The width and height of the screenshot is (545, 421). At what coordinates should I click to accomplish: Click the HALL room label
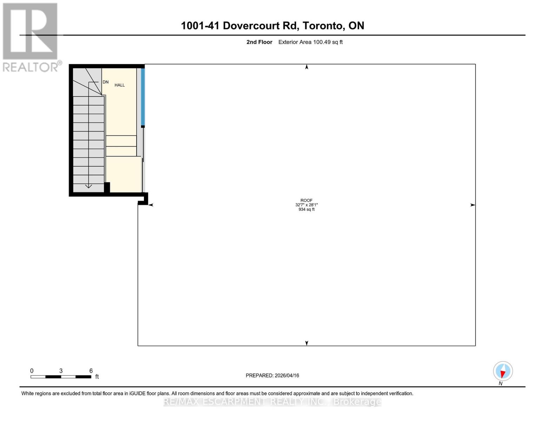(120, 85)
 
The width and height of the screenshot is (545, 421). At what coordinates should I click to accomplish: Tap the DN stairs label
(106, 82)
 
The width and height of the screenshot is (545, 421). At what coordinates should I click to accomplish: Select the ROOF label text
(306, 200)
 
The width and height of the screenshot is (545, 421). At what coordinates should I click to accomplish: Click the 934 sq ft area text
(306, 209)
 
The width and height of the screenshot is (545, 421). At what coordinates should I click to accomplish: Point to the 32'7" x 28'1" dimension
(306, 205)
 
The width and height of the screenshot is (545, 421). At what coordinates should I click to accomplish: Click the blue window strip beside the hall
(143, 97)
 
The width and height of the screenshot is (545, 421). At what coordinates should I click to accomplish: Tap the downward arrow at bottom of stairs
(88, 186)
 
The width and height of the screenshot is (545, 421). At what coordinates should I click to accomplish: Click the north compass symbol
(503, 371)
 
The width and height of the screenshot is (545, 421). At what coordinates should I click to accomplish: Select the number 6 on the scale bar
(91, 371)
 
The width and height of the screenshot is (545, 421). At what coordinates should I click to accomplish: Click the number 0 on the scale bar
(32, 371)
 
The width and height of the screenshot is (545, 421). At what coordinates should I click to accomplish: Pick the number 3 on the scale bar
(61, 371)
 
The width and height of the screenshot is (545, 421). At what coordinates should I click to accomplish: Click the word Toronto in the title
(323, 26)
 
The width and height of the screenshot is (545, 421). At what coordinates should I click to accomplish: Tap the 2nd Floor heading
(259, 42)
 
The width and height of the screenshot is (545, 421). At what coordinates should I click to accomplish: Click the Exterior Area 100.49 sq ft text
(310, 42)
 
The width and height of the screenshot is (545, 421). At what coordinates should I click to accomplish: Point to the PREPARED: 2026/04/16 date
(272, 375)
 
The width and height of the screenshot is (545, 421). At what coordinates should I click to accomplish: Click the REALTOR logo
(31, 37)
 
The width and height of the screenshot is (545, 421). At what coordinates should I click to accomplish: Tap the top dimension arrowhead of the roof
(307, 67)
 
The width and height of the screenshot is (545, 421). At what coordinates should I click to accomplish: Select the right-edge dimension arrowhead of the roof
(473, 205)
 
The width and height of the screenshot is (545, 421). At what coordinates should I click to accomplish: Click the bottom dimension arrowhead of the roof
(307, 343)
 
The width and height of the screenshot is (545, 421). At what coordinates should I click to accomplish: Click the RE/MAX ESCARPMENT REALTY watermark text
(272, 402)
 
